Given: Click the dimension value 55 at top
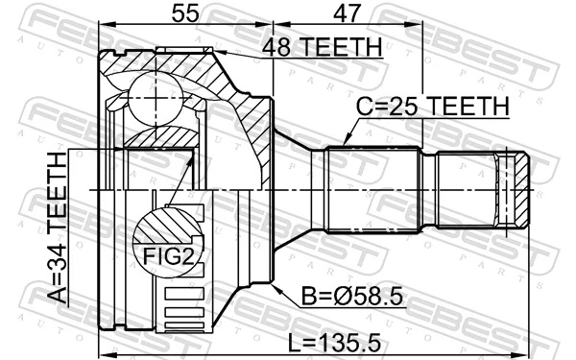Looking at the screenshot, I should tap(184, 13).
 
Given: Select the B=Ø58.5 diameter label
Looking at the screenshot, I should tap(345, 296).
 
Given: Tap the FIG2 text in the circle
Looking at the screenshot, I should tap(166, 254).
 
